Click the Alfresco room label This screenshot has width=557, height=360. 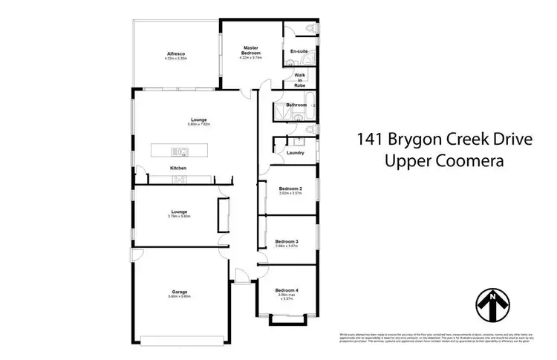click(x=175, y=53)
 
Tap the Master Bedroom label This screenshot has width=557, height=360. click(x=250, y=50)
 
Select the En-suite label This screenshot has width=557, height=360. click(x=299, y=50)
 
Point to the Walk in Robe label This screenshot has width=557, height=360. click(x=299, y=80)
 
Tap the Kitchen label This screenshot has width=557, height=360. click(x=178, y=168)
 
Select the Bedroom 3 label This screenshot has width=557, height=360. click(x=287, y=241)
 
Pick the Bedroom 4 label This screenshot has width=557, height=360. click(x=287, y=289)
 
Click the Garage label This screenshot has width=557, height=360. click(x=178, y=292)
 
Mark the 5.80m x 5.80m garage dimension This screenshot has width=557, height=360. click(x=178, y=297)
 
